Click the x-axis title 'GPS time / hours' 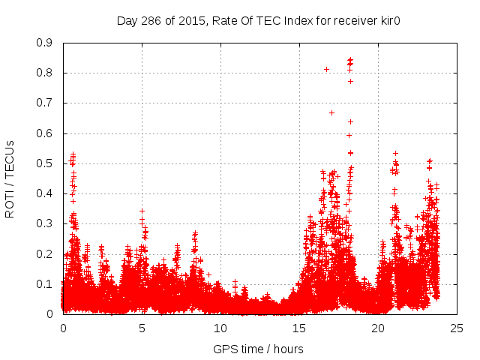click(258, 349)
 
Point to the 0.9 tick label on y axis click(44, 43)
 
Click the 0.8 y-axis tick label click(44, 73)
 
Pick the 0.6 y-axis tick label click(44, 133)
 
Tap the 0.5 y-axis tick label click(44, 163)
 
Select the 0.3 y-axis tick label click(44, 223)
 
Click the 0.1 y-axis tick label click(44, 284)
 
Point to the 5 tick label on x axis click(142, 328)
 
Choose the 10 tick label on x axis click(220, 328)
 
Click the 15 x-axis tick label click(299, 328)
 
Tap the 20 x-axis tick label click(378, 328)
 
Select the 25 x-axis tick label click(457, 328)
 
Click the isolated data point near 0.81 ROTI click(326, 69)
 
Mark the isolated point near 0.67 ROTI click(331, 112)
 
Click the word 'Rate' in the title click(217, 20)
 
